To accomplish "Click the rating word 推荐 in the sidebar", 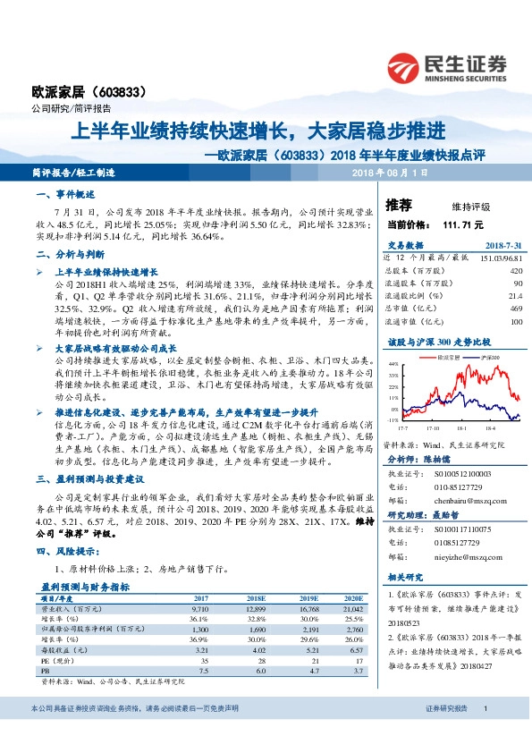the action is pyautogui.click(x=398, y=206).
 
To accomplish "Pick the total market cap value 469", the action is pyautogui.click(x=516, y=308).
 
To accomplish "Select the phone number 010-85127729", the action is pyautogui.click(x=459, y=487).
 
